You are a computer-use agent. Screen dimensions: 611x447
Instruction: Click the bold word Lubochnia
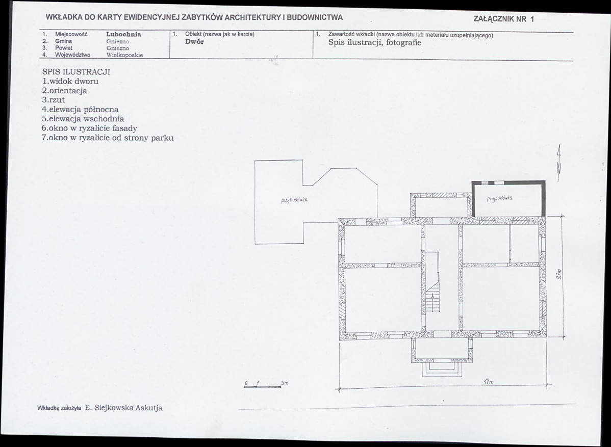click(123, 34)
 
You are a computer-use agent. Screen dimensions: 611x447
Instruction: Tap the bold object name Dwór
click(194, 42)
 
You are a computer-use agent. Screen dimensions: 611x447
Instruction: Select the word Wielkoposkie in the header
click(124, 55)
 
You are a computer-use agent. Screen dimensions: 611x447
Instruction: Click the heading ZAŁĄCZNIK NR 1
click(504, 19)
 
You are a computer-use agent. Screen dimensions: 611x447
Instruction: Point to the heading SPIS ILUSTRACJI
click(77, 72)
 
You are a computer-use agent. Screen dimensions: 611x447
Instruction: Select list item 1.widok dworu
click(70, 82)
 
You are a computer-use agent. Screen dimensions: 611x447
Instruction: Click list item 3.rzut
click(54, 100)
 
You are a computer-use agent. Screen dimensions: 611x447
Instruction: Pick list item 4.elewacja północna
click(80, 110)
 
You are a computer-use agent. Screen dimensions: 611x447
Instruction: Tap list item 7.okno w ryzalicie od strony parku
click(108, 138)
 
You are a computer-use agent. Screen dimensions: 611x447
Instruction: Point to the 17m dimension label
click(489, 382)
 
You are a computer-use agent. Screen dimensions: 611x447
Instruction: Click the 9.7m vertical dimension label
click(558, 275)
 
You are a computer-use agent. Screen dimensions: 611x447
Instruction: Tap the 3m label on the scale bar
click(285, 383)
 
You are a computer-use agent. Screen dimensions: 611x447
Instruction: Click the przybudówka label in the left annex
click(294, 200)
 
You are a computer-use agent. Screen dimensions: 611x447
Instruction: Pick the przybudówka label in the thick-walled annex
click(500, 199)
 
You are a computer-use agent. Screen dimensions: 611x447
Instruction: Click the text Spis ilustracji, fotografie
click(375, 42)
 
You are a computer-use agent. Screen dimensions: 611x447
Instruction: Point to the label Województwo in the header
click(72, 55)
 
